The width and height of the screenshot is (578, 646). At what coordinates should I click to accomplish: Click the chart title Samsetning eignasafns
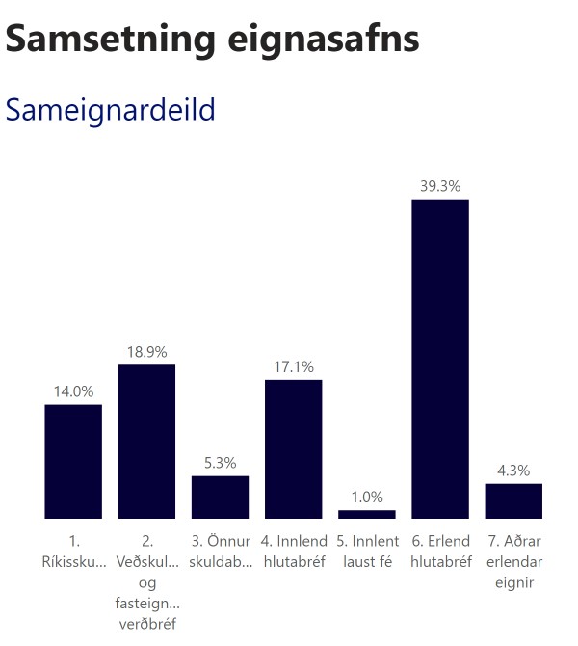coord(212,39)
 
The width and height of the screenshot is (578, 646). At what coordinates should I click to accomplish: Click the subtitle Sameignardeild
coord(111,110)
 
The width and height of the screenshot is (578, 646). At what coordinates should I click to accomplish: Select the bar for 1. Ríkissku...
coord(73,461)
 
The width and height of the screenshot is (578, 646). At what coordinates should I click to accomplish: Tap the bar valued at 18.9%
coord(146,442)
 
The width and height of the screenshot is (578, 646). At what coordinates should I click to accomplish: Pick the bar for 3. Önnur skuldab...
coord(220,497)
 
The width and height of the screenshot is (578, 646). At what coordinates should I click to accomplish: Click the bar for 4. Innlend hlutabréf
coord(293,448)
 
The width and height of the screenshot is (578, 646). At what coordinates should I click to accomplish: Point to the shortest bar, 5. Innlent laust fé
coord(366,514)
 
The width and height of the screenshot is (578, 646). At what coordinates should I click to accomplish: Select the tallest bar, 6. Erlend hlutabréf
coord(440,359)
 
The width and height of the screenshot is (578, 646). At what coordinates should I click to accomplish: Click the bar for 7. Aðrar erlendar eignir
coord(513,500)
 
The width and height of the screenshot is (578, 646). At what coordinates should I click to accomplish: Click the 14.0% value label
coord(73,391)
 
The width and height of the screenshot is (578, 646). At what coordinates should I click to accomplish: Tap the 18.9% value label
coord(146,352)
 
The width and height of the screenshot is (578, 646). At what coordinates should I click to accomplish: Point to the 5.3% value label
coord(220,463)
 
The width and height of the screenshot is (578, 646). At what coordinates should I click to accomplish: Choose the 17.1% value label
coord(293,367)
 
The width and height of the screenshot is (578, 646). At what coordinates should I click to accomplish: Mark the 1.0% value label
coord(366,498)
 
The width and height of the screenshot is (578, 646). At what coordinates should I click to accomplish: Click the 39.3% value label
coord(440,186)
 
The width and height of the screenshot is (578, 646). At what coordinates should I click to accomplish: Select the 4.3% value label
coord(513,471)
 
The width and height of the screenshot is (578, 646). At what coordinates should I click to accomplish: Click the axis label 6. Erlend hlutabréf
coord(440,552)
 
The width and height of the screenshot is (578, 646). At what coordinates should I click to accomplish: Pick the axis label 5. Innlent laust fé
coord(366,552)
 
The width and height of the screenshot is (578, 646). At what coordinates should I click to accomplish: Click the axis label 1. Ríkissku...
coord(73,552)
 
